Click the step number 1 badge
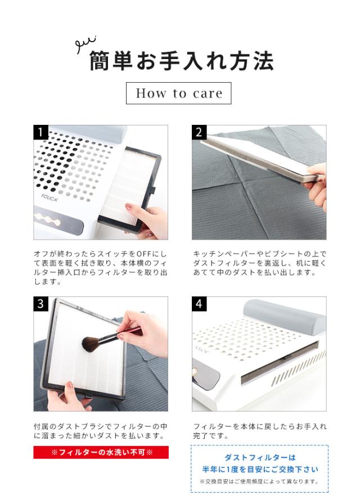41,132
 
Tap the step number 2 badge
199,132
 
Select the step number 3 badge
41,304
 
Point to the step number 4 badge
199,304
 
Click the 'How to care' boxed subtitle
179,93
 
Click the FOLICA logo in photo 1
50,197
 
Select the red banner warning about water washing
101,453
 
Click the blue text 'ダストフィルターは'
260,457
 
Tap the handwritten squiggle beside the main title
85,44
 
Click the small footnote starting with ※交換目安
259,481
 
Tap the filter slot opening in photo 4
280,362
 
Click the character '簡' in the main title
100,61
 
